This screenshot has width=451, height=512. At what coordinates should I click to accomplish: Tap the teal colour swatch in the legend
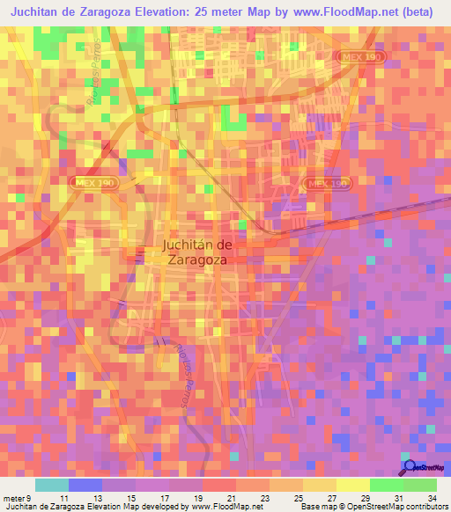point(51,485)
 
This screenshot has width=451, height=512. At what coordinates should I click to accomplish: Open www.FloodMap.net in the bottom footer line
point(224,506)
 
